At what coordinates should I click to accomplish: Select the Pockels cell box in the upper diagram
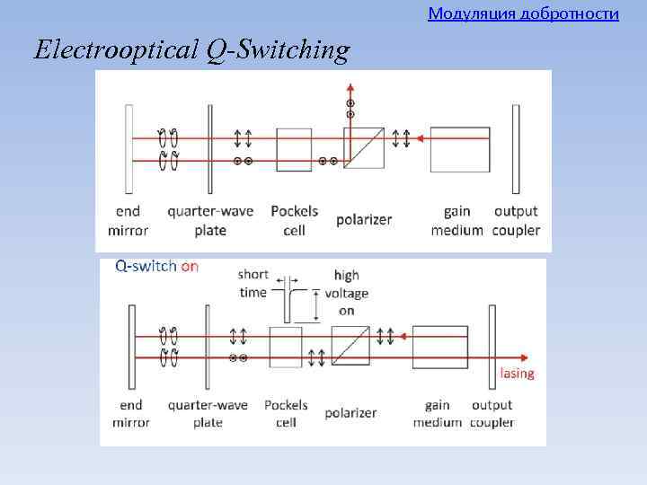[294, 149]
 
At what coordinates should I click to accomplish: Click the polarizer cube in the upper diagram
[364, 148]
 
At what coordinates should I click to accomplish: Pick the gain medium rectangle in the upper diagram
[460, 149]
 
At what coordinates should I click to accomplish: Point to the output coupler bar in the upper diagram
[516, 149]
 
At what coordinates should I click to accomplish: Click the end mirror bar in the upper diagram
[130, 149]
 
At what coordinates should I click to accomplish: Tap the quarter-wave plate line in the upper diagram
[209, 149]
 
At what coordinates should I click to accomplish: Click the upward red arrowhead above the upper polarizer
[350, 88]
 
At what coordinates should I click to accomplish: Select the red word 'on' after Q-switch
[190, 267]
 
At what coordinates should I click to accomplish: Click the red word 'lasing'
[517, 374]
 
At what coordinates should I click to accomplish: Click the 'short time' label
[253, 284]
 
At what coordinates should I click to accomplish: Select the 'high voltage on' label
[346, 293]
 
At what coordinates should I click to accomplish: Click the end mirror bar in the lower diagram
[132, 346]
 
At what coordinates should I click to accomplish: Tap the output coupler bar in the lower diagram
[492, 346]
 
